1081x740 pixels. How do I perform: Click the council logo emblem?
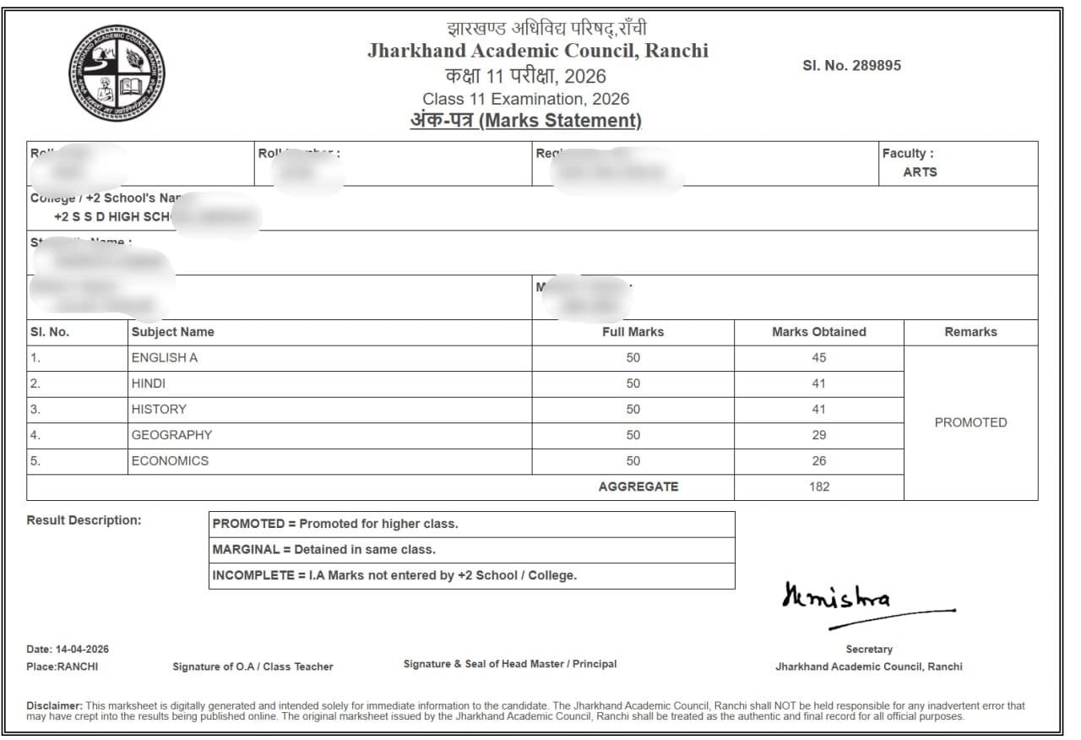pos(117,73)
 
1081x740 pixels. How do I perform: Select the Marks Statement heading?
pos(526,121)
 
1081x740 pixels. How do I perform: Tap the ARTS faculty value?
pos(920,171)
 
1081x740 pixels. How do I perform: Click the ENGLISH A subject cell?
pos(165,357)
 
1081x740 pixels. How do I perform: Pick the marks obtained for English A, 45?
pos(818,357)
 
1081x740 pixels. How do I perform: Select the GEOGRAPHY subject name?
pos(171,435)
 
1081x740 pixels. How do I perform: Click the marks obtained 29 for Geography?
pos(818,435)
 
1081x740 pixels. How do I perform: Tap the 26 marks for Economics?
pos(818,461)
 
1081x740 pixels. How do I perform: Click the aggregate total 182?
pos(818,487)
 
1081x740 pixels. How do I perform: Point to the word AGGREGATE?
pos(638,487)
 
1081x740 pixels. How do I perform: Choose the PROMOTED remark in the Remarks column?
pos(970,422)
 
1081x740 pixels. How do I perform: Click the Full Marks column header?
pos(633,332)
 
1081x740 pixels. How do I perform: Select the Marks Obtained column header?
pos(818,332)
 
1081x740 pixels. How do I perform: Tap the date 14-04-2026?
pos(82,650)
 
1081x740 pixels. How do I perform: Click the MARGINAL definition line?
pos(324,549)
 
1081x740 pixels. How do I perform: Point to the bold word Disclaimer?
pos(54,705)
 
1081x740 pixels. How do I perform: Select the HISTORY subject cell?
pos(159,409)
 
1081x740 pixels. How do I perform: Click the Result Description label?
pos(84,520)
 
